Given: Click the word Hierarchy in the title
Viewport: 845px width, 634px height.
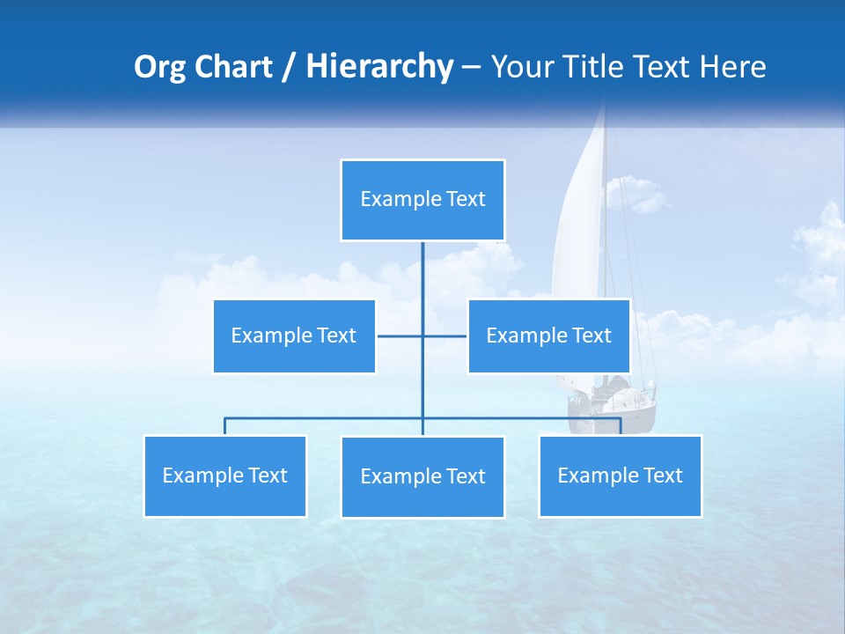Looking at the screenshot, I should tap(379, 67).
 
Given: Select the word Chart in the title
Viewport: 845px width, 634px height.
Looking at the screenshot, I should tap(235, 67).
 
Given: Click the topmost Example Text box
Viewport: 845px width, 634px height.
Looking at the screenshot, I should tap(422, 200).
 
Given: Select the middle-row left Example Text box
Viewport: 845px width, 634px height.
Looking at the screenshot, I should tap(294, 335).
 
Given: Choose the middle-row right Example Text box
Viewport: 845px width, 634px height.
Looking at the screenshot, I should tap(548, 335).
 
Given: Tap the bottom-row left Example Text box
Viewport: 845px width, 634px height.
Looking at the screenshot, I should tap(225, 475).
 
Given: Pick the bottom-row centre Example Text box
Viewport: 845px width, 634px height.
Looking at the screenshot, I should tap(422, 476).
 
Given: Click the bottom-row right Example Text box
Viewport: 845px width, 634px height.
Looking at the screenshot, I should tap(620, 475).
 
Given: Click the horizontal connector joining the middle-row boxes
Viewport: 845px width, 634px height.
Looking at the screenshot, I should tap(400, 335).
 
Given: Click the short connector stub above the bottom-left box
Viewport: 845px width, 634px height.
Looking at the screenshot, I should tap(225, 426).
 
